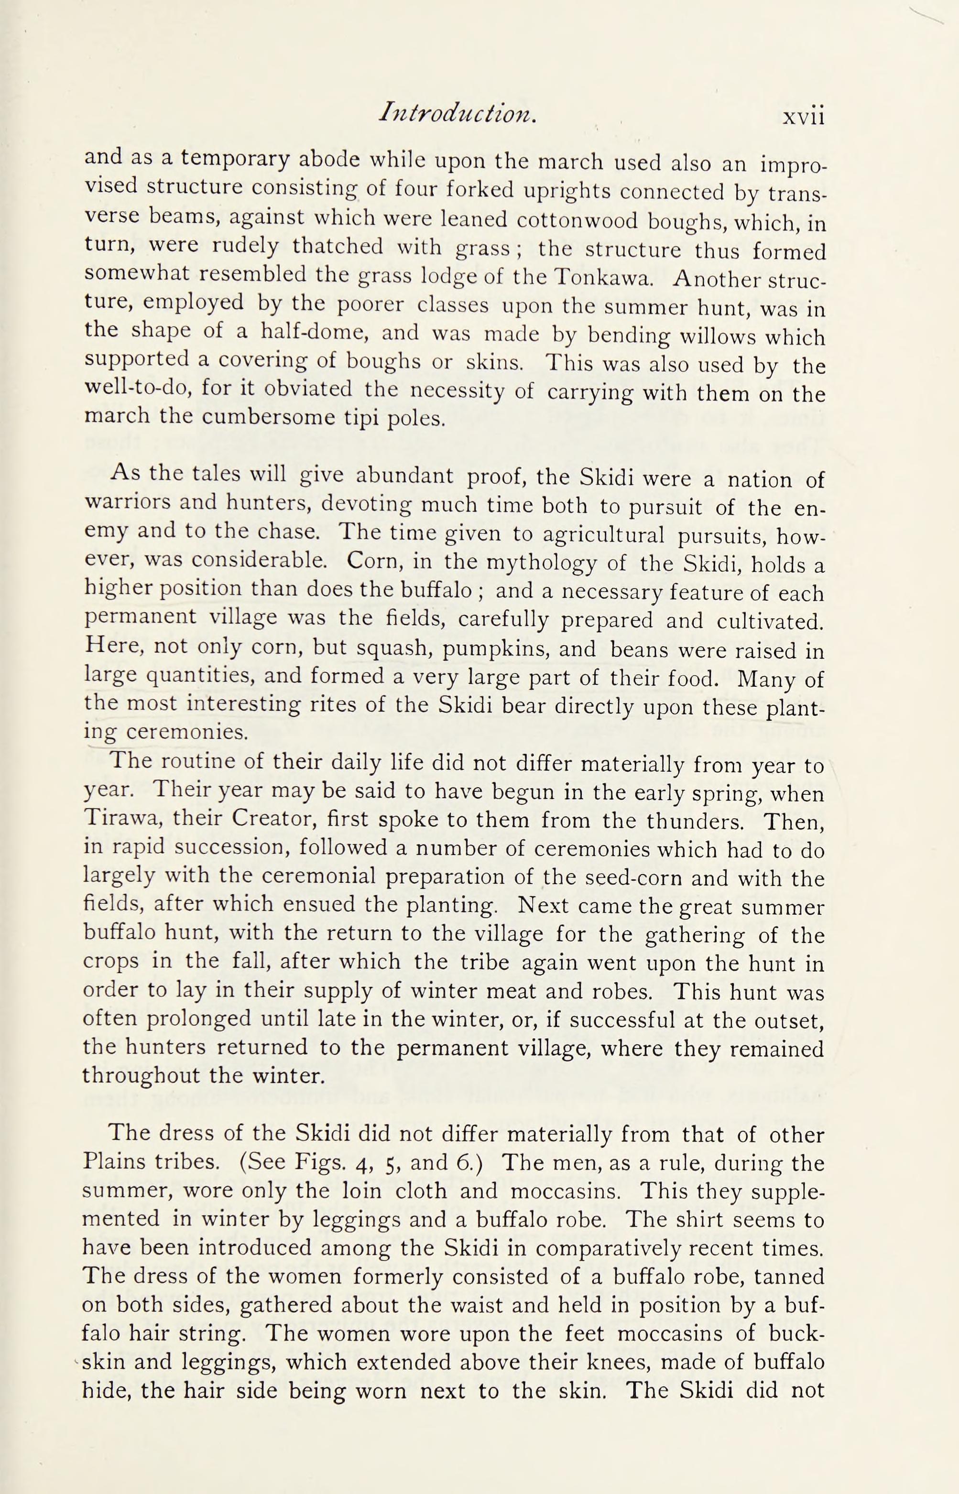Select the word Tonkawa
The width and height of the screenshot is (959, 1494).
tap(604, 276)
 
